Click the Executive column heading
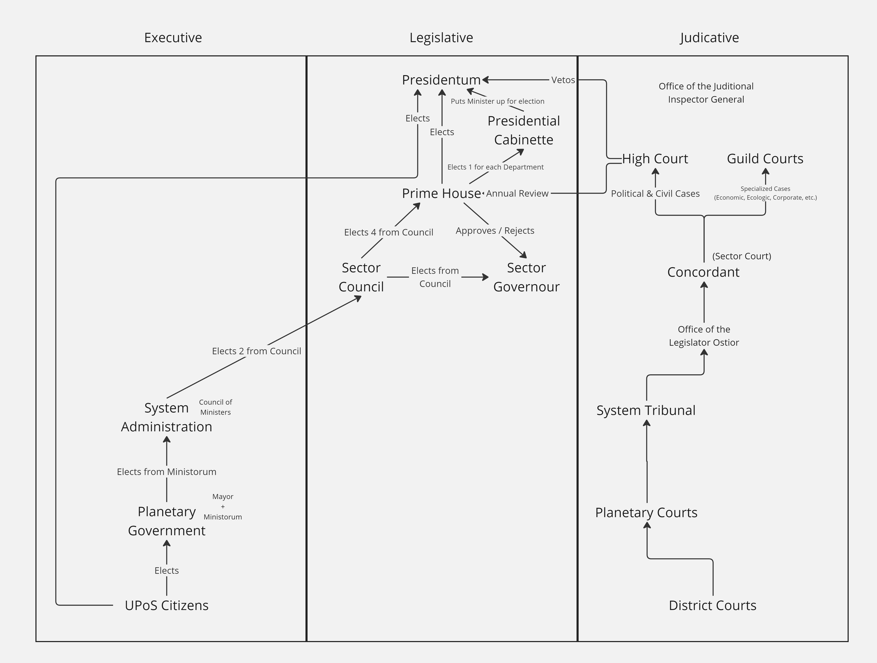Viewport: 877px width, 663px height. pos(173,38)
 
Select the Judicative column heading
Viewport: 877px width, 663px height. pos(709,38)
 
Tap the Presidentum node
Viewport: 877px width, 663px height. pos(441,80)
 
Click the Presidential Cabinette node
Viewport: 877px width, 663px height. pos(523,130)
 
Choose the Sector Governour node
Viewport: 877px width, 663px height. pos(526,277)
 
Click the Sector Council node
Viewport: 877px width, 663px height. pos(361,277)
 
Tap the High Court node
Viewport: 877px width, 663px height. pos(655,159)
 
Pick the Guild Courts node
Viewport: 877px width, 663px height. pos(765,159)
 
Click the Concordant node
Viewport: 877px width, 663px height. pos(703,272)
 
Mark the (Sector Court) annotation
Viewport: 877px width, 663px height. pos(741,256)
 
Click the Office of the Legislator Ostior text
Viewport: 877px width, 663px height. pos(704,336)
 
